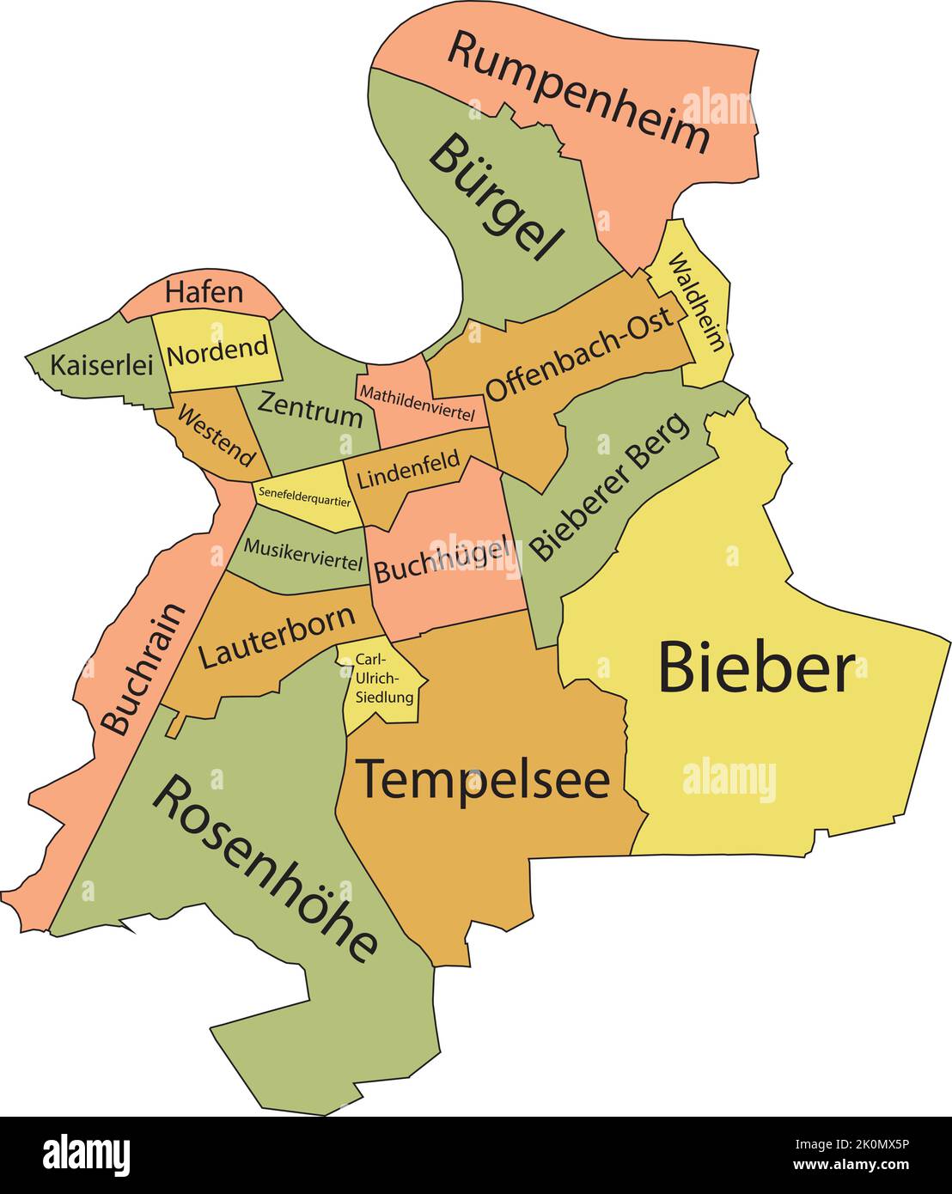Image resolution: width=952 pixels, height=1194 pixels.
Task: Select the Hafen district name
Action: [x=204, y=292]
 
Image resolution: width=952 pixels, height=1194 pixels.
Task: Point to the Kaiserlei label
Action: [x=101, y=365]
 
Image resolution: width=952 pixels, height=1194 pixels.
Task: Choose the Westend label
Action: [x=216, y=435]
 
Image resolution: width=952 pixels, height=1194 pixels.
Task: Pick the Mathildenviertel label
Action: [x=418, y=404]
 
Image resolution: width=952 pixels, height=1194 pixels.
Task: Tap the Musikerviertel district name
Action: [x=302, y=554]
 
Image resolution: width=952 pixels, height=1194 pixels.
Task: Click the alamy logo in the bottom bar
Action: [x=87, y=1154]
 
